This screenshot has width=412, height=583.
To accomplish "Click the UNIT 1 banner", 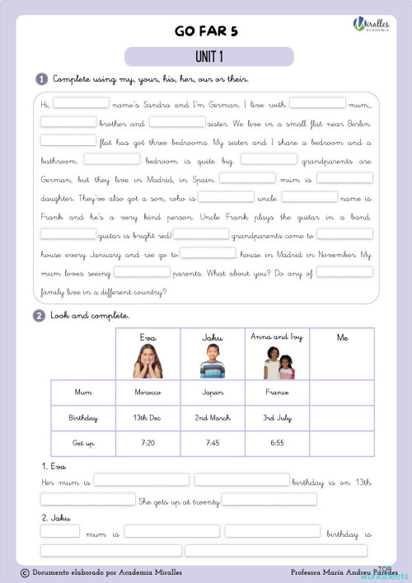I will pyautogui.click(x=209, y=57).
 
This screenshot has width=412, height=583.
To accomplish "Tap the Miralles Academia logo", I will pyautogui.click(x=371, y=26).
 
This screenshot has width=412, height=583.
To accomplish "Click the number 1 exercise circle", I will pyautogui.click(x=41, y=79).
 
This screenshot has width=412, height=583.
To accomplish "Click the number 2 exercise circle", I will pyautogui.click(x=39, y=315).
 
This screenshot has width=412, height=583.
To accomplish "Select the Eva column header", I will pyautogui.click(x=148, y=337).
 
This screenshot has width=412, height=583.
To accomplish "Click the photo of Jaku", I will pyautogui.click(x=212, y=361).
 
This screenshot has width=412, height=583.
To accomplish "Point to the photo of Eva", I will pyautogui.click(x=148, y=361).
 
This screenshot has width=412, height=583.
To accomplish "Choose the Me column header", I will pyautogui.click(x=342, y=337).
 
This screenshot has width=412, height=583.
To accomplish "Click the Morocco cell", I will pyautogui.click(x=148, y=393).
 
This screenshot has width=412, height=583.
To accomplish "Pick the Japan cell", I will pyautogui.click(x=213, y=393).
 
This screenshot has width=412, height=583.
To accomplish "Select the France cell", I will pyautogui.click(x=278, y=393).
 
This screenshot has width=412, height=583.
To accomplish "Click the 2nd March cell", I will pyautogui.click(x=213, y=418).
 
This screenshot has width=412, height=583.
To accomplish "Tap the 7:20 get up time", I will pyautogui.click(x=148, y=443).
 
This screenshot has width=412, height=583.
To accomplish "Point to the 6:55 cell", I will pyautogui.click(x=278, y=443).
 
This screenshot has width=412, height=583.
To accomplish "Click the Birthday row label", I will pyautogui.click(x=83, y=418).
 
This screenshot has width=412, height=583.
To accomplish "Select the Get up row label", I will pyautogui.click(x=83, y=443).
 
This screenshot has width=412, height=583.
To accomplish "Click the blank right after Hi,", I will pyautogui.click(x=82, y=103).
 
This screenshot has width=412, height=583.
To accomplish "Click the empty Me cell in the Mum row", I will pyautogui.click(x=342, y=393).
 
